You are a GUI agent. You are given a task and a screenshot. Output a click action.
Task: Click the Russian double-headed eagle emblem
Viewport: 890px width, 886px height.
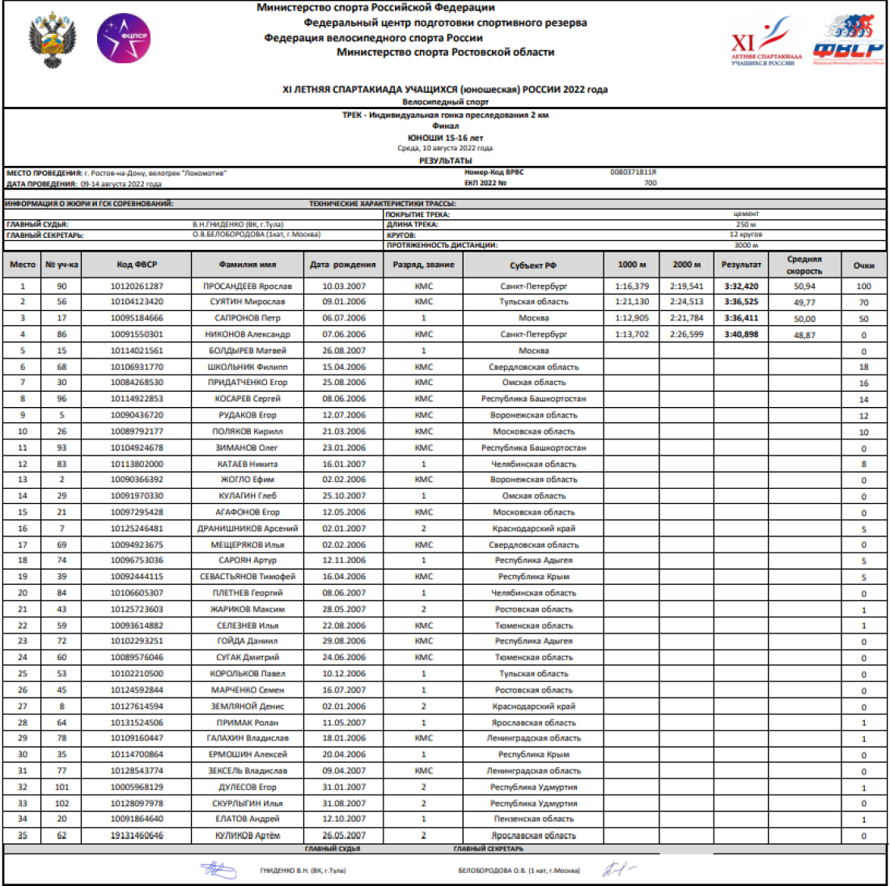(x=53, y=39)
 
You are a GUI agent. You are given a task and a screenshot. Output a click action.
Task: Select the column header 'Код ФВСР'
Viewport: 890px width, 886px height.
(x=136, y=265)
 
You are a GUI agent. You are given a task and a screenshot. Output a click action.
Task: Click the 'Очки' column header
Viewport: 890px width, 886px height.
(x=863, y=265)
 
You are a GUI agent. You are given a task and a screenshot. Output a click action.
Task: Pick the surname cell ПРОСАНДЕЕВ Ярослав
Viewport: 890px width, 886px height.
(x=248, y=286)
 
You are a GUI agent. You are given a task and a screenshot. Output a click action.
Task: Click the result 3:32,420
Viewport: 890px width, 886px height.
(x=741, y=286)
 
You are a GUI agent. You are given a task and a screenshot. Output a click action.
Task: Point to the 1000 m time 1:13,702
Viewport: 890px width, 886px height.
(x=632, y=334)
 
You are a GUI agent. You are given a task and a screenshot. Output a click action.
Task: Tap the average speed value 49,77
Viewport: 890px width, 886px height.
(x=803, y=302)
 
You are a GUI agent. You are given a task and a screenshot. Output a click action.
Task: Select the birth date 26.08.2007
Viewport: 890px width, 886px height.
(x=343, y=351)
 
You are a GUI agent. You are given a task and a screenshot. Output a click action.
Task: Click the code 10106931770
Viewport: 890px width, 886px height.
(x=136, y=367)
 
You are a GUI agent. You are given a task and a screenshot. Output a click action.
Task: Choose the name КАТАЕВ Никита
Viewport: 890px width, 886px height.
(x=248, y=464)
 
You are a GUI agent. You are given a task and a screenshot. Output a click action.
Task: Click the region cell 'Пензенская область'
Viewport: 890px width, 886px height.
(x=533, y=819)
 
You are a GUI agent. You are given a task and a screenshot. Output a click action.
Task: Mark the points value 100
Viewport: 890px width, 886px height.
(x=863, y=286)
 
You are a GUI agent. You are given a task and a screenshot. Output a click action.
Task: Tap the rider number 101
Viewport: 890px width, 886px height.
(x=62, y=787)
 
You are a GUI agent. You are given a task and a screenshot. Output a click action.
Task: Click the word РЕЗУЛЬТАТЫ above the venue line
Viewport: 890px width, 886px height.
(x=445, y=160)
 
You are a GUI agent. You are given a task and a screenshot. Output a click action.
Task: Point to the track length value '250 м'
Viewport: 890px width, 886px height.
(x=746, y=224)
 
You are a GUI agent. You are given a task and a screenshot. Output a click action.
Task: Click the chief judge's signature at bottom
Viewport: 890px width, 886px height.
(x=218, y=870)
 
